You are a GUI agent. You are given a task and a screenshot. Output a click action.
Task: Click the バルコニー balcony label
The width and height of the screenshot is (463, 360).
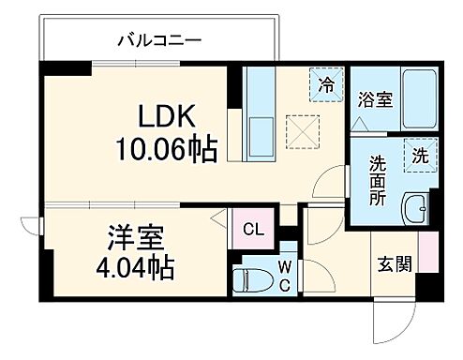[159, 40]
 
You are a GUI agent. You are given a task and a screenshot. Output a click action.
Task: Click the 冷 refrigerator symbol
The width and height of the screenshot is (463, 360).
[325, 85]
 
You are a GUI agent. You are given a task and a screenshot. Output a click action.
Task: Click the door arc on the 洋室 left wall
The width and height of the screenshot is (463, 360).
[33, 231]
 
